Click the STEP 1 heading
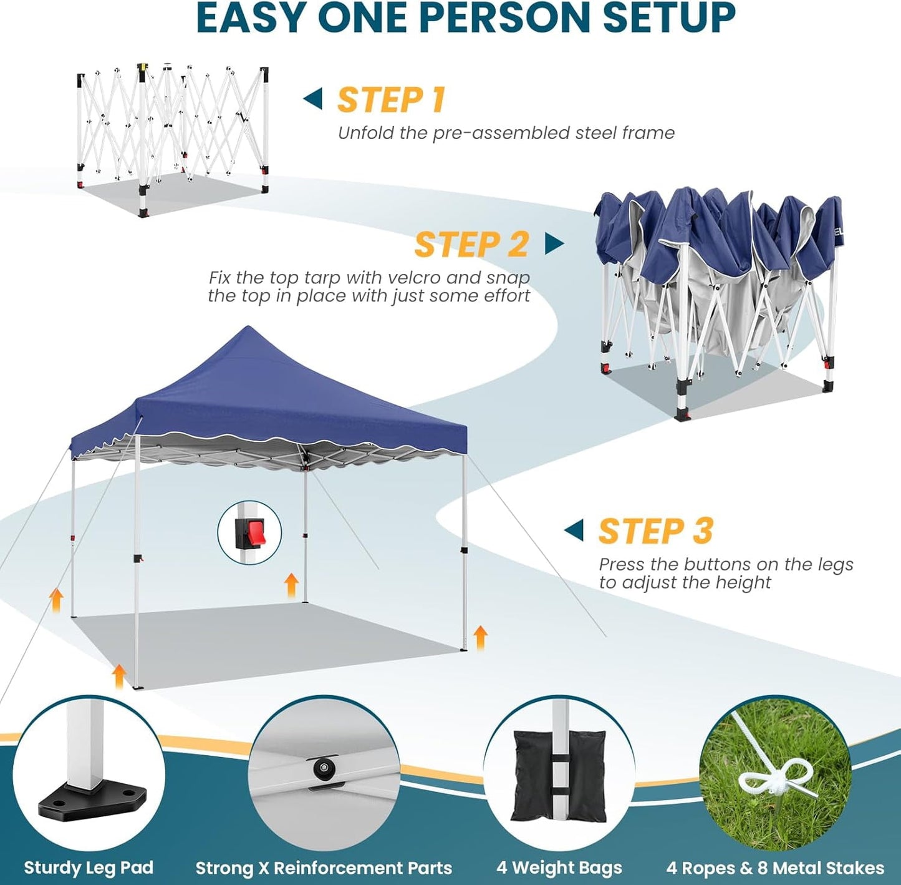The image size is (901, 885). (391, 100)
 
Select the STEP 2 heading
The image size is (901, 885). (471, 244)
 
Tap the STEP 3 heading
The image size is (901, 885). (655, 531)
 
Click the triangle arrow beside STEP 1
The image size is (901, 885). (313, 99)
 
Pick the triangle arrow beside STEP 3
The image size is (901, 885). (574, 531)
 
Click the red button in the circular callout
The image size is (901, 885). (254, 531)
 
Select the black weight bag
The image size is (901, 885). (559, 775)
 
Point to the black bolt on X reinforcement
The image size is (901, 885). (323, 768)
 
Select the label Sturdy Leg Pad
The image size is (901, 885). (89, 868)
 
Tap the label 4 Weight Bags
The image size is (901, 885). (559, 868)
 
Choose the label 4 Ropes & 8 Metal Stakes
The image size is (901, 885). (775, 868)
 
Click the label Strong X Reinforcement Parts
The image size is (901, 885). (324, 868)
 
